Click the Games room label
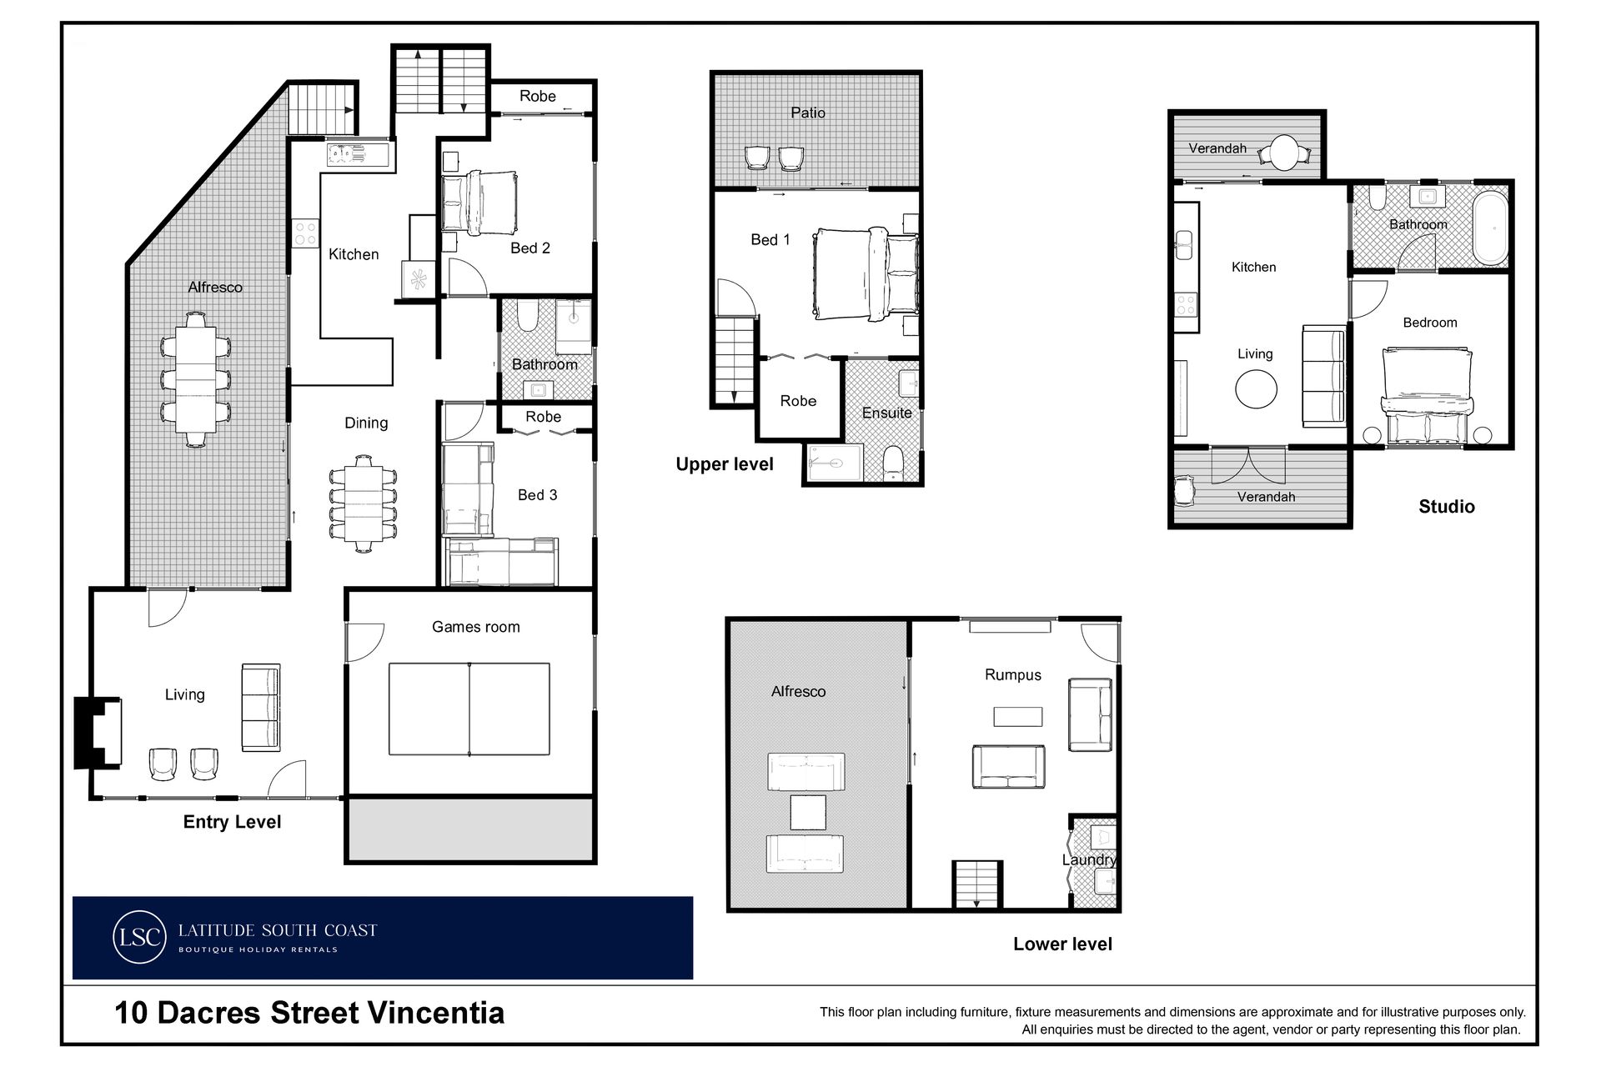click(475, 627)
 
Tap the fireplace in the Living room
click(98, 733)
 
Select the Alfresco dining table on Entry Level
click(195, 379)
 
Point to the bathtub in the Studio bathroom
click(1491, 228)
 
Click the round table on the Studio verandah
click(1284, 153)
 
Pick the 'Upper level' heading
click(725, 464)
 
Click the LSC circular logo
click(139, 937)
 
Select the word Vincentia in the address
click(436, 1013)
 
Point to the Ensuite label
click(886, 413)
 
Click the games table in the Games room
click(469, 709)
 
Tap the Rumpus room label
click(1013, 675)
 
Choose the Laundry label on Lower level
click(1089, 859)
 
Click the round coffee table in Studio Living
click(1256, 388)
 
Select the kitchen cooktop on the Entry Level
click(305, 233)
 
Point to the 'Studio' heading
click(1447, 506)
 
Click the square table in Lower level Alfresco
click(808, 812)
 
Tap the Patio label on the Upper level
click(808, 113)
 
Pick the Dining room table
click(363, 503)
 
